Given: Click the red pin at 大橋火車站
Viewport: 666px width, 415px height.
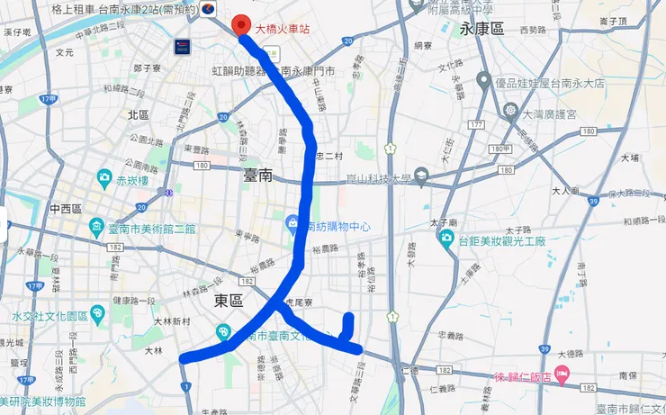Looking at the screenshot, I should (241, 25).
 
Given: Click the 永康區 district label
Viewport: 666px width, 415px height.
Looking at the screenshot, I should (477, 28).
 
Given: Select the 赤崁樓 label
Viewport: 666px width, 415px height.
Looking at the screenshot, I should (135, 179).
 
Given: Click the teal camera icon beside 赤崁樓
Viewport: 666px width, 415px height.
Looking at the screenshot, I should (106, 176).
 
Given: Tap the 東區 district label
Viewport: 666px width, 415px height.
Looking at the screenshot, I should (229, 303).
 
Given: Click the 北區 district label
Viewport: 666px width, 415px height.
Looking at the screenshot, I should (138, 114).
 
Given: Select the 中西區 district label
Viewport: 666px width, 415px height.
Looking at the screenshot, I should (67, 208).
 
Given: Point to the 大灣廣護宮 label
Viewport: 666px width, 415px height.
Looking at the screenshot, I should (551, 115).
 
